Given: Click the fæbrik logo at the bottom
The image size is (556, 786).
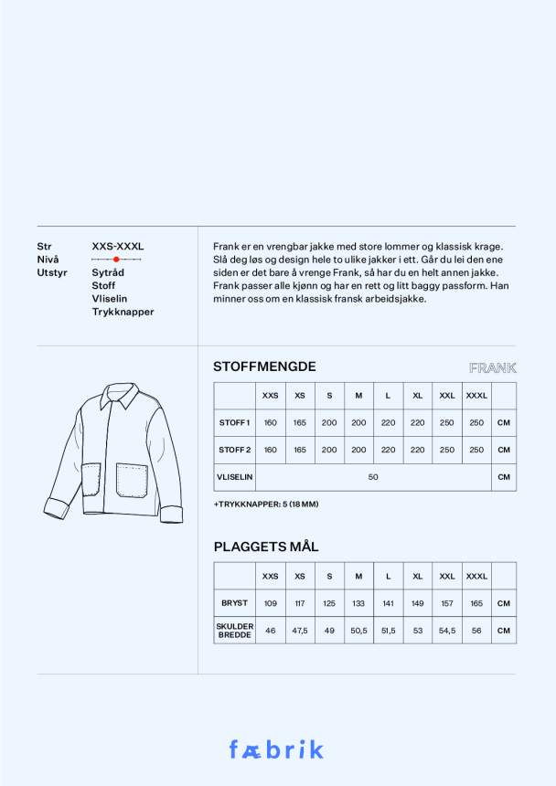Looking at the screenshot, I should [x=276, y=749].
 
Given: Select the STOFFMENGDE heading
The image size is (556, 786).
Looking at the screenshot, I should [x=264, y=366].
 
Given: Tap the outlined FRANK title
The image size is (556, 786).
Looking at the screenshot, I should [x=492, y=368].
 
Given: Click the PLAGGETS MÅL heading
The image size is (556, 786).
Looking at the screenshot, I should [x=266, y=547].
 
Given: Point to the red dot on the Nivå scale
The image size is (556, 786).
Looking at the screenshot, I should [x=116, y=260].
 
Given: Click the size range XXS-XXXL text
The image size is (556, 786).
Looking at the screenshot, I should [x=118, y=247].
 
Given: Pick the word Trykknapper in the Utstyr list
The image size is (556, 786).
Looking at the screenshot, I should [x=123, y=312].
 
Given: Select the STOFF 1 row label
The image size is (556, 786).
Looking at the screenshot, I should [x=234, y=423].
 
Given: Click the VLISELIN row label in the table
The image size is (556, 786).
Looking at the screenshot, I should [x=234, y=477].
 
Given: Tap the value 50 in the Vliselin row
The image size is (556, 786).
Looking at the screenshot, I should [x=373, y=477].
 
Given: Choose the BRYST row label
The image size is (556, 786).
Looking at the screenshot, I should [x=234, y=603].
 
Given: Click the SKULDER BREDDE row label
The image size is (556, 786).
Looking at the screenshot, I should [x=234, y=630].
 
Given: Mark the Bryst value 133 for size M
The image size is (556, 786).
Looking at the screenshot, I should [x=358, y=603].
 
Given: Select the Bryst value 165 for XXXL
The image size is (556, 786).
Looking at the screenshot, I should [x=476, y=603].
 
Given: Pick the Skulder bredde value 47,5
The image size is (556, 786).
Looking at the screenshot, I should [x=300, y=631].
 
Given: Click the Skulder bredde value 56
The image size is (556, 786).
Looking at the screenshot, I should [x=476, y=631].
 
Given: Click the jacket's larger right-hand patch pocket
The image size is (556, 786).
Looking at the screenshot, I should [x=132, y=480].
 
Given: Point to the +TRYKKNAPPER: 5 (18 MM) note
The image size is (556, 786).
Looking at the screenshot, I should [x=266, y=505].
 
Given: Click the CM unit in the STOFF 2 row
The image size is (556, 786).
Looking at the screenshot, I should [x=503, y=450].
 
